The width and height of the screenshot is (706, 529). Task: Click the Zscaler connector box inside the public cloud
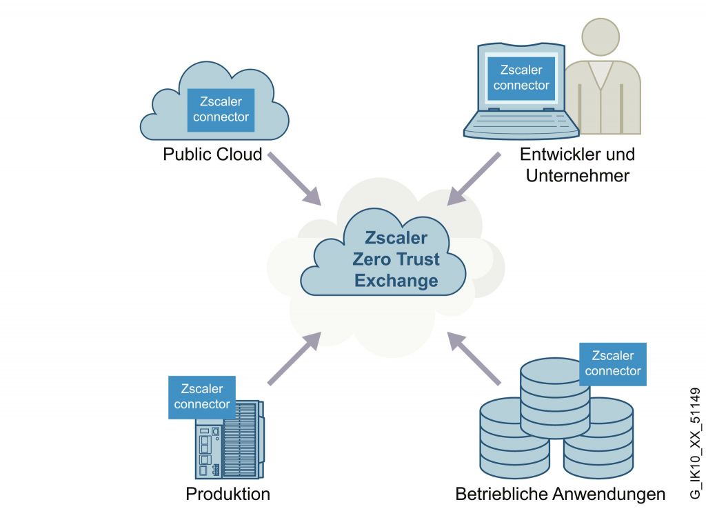(221, 109)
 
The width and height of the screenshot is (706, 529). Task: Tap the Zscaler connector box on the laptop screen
(521, 77)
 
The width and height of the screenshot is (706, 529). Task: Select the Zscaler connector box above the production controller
(201, 397)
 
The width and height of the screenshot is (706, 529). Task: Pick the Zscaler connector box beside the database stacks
(612, 363)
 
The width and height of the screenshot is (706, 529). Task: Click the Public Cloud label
(212, 154)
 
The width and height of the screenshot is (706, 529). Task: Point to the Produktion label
(228, 494)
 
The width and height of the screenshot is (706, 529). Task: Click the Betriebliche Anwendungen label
(560, 494)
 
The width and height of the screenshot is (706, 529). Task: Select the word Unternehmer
(577, 175)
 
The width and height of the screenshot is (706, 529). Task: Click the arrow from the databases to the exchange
(474, 358)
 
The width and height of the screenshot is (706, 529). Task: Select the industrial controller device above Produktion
(228, 441)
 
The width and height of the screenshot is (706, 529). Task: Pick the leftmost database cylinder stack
(507, 433)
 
